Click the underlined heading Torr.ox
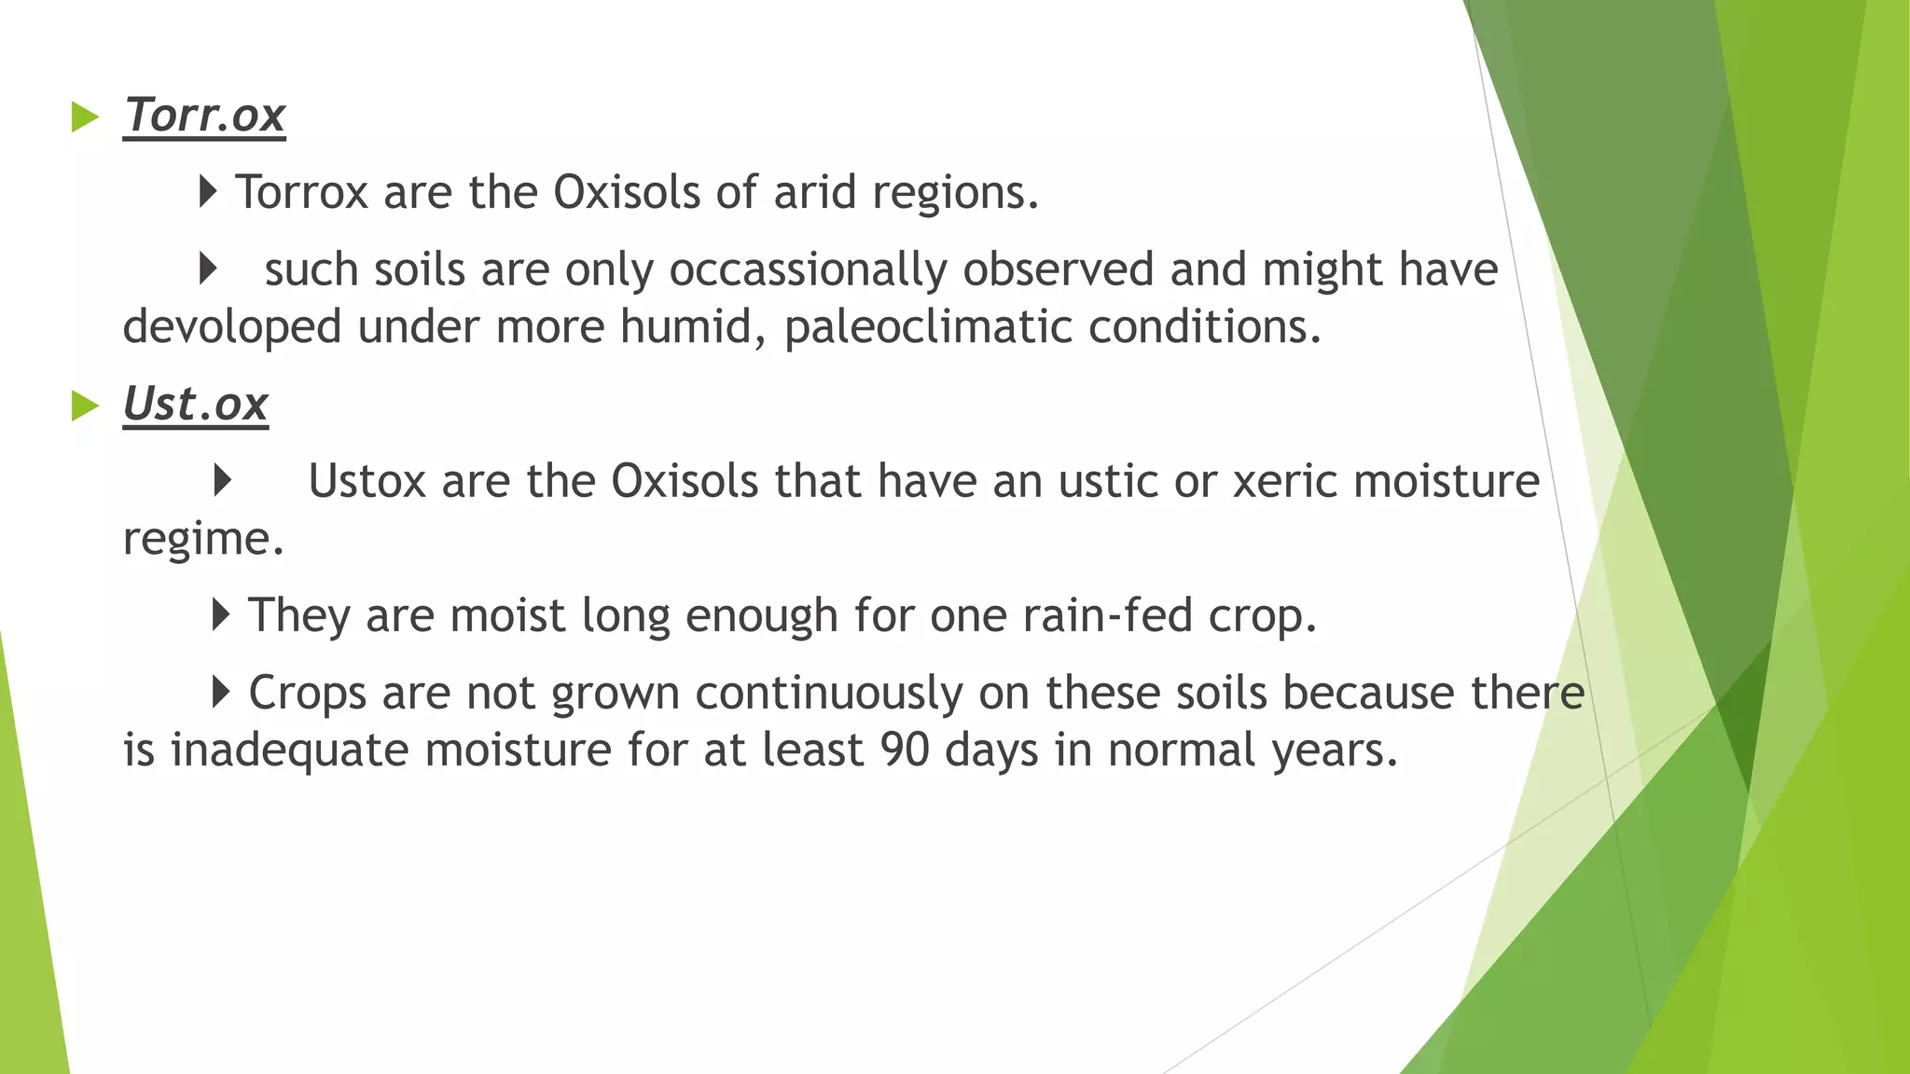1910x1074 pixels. click(x=204, y=116)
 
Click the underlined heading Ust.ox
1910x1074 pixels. click(x=195, y=405)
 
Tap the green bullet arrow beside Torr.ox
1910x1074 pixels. click(x=85, y=117)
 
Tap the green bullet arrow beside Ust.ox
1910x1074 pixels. click(x=85, y=406)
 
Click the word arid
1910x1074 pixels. click(x=814, y=192)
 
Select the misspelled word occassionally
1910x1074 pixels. click(x=808, y=270)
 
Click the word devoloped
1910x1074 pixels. click(x=232, y=327)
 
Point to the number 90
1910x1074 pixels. click(x=904, y=750)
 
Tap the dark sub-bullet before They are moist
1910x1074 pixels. click(x=220, y=614)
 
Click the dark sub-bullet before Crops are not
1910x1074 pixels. click(x=220, y=692)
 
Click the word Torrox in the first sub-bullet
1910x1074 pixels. click(x=301, y=192)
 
